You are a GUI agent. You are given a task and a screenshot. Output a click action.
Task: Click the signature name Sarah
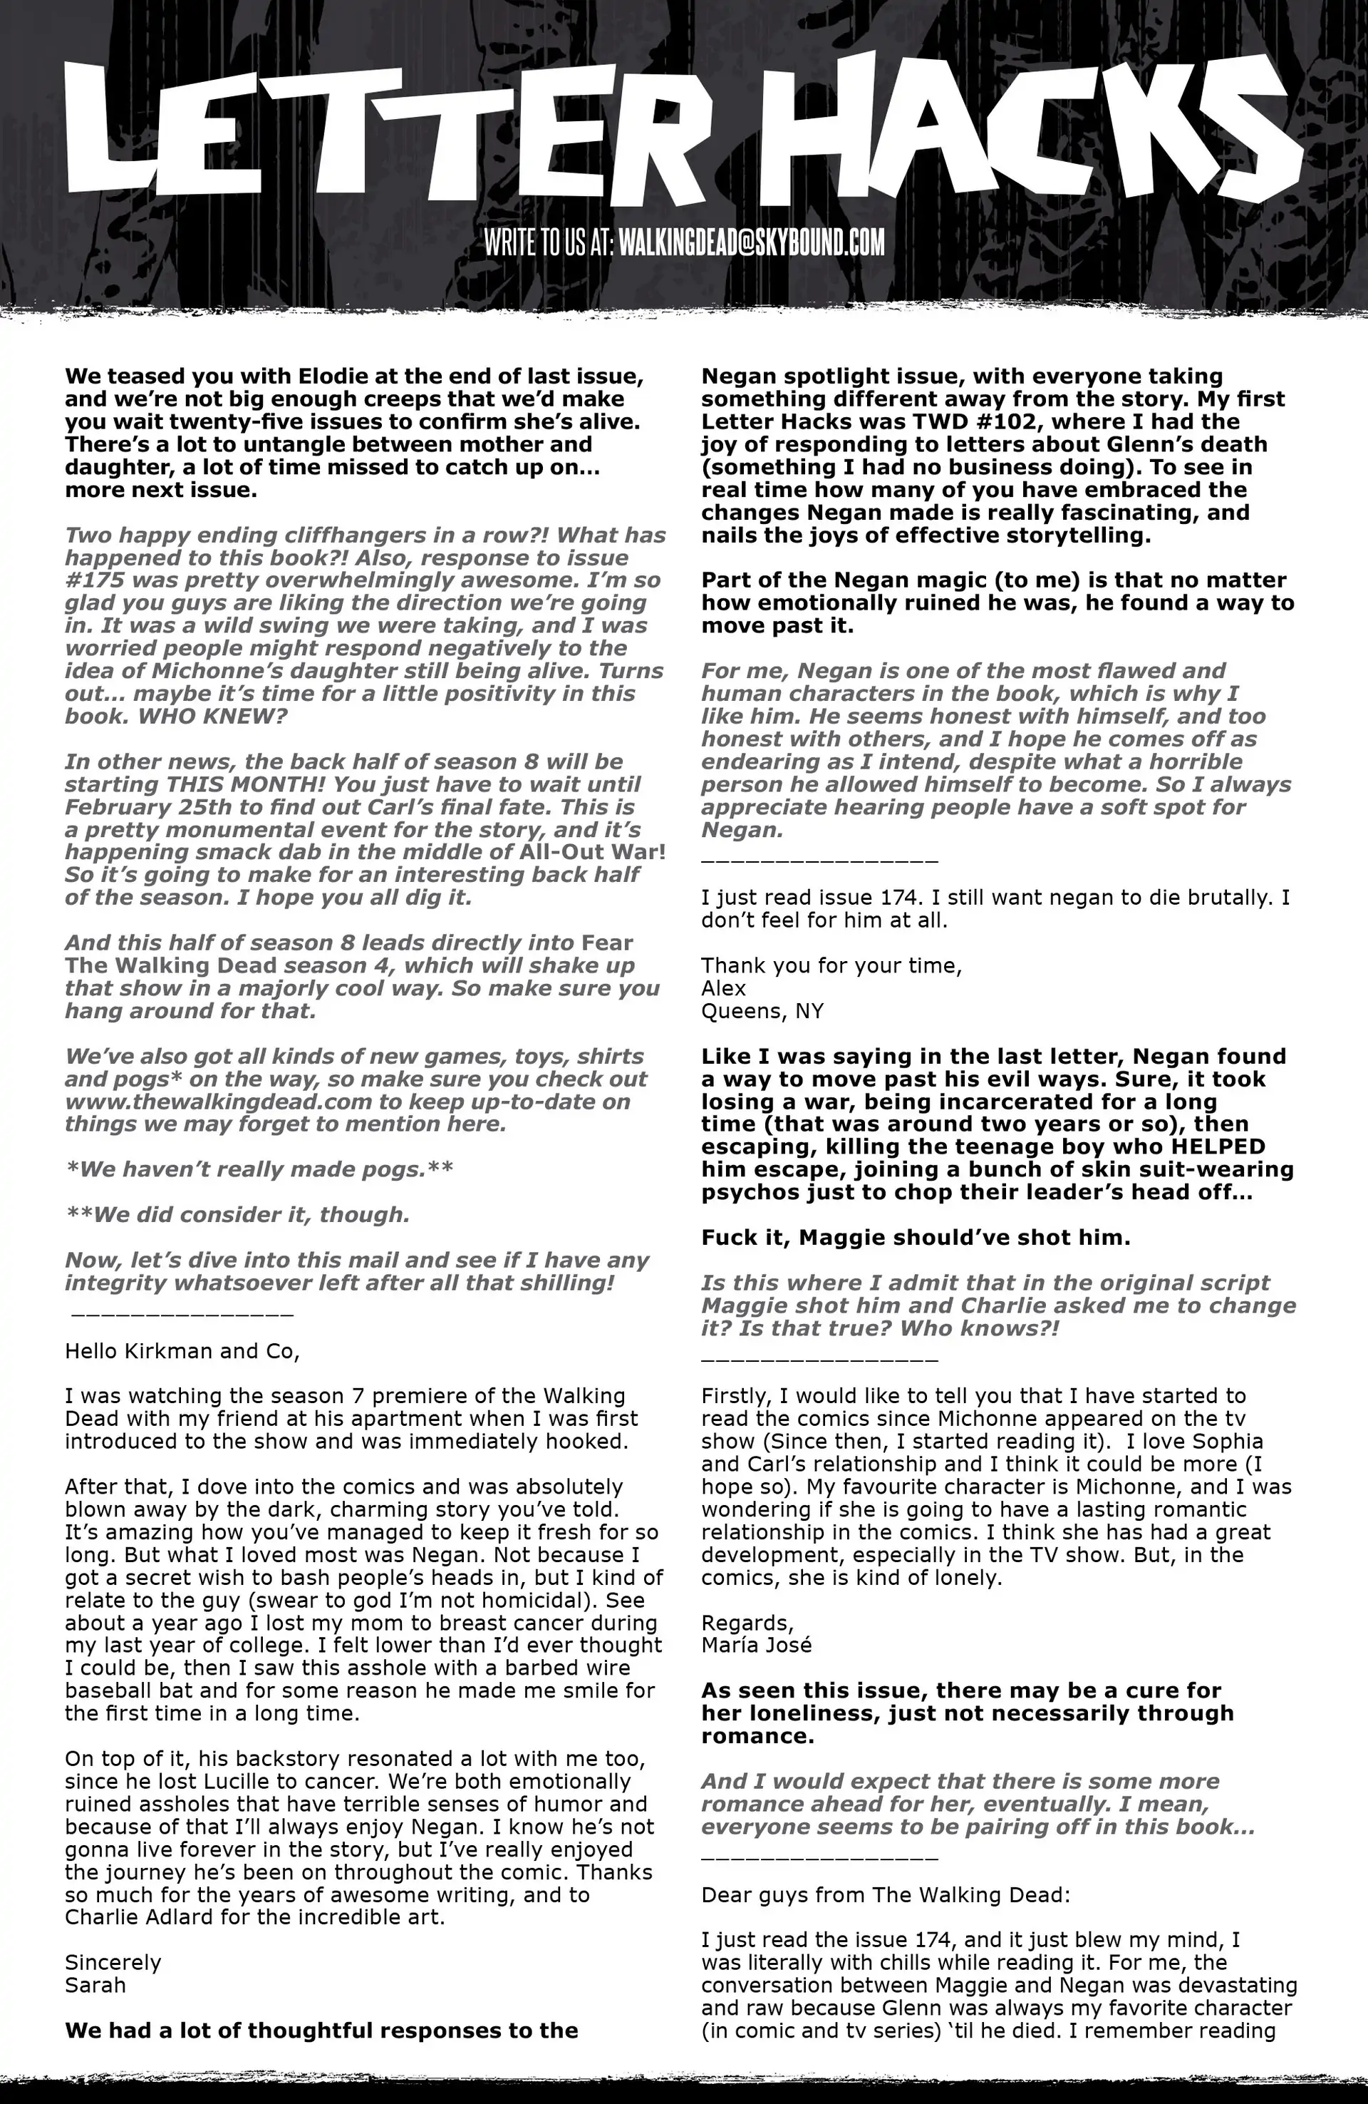(95, 1985)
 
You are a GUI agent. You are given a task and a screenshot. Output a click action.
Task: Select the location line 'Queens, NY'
(762, 1010)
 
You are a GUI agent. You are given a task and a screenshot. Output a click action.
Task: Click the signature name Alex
(724, 987)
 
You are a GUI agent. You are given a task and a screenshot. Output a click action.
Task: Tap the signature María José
(757, 1644)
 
